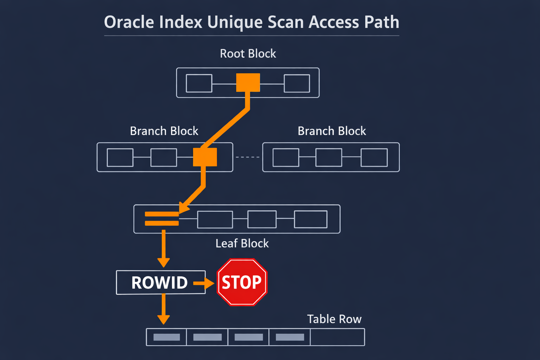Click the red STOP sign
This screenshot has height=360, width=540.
[x=242, y=282]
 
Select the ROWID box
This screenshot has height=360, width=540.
[x=160, y=282]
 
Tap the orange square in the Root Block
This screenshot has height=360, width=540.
[x=248, y=83]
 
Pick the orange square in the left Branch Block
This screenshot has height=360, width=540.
[x=205, y=157]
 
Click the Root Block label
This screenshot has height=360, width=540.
[x=248, y=53]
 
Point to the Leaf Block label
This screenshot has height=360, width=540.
[x=242, y=243]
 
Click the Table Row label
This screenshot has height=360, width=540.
[x=334, y=319]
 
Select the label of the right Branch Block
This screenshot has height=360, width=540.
[x=332, y=131]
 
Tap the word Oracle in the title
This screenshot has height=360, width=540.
[x=129, y=22]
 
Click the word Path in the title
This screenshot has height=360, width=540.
[x=381, y=22]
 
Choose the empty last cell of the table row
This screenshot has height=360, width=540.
[x=337, y=337]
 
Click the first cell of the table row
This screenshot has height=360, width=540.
[x=166, y=337]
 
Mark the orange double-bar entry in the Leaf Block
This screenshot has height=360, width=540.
[x=162, y=218]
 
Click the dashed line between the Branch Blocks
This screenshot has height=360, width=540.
[x=247, y=157]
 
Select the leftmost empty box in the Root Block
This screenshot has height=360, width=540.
[x=199, y=83]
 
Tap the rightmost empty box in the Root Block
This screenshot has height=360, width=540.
[x=297, y=83]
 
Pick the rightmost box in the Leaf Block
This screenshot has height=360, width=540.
[x=310, y=219]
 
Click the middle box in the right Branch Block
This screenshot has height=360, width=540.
[x=328, y=157]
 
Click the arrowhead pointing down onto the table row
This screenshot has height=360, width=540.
[x=163, y=319]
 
